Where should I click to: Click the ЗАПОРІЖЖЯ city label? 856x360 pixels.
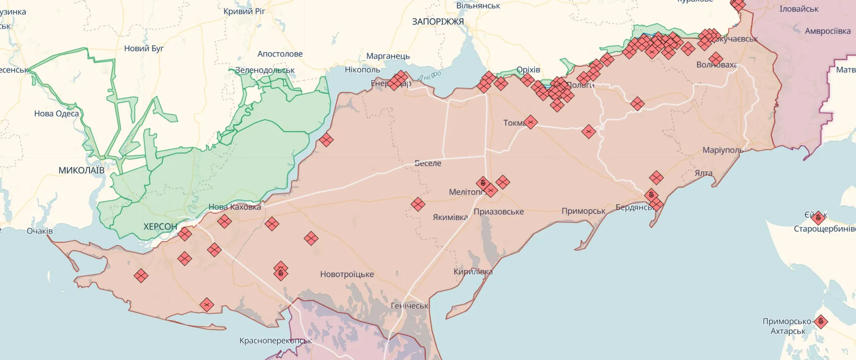click(x=438, y=22)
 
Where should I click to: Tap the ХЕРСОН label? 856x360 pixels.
click(x=160, y=227)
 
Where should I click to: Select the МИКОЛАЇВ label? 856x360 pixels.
click(x=81, y=170)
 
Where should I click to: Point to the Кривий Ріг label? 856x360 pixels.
click(x=244, y=11)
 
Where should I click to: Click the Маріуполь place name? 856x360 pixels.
click(x=723, y=150)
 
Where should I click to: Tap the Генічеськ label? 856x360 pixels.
click(x=409, y=306)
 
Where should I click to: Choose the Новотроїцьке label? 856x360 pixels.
click(x=347, y=274)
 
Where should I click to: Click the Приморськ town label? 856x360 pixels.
click(x=583, y=211)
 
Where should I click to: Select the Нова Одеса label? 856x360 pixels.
click(x=57, y=114)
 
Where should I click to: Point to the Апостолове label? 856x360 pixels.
click(x=280, y=54)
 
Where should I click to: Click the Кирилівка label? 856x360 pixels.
click(x=473, y=272)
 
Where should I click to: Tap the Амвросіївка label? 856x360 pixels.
click(x=828, y=31)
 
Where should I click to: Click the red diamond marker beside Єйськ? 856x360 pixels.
click(x=818, y=218)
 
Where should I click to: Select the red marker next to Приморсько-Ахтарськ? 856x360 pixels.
click(x=821, y=322)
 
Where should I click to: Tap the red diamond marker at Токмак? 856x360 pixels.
click(x=530, y=122)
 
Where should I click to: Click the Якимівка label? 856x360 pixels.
click(x=450, y=217)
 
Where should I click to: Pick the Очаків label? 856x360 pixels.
click(x=39, y=231)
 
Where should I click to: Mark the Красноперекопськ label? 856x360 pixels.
click(x=275, y=340)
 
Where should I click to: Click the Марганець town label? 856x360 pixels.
click(x=388, y=56)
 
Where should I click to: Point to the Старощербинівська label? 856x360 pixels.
click(x=824, y=229)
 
